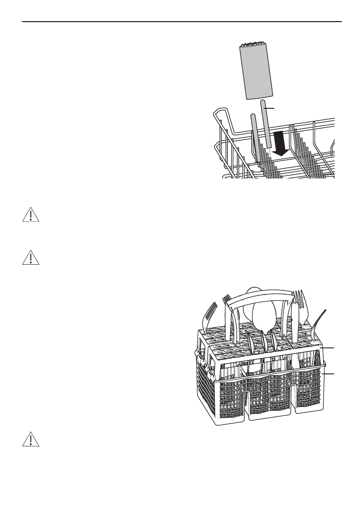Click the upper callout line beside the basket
(328, 347)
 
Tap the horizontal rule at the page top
(182, 21)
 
